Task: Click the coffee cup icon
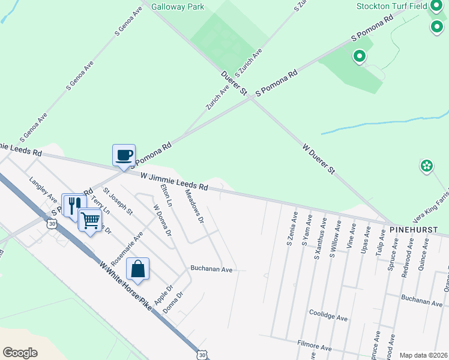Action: tap(124, 155)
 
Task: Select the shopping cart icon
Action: tap(90, 220)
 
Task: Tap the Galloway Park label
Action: tap(178, 7)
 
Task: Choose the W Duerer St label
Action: tap(318, 158)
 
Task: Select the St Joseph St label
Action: tap(118, 200)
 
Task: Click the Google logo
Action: tap(20, 353)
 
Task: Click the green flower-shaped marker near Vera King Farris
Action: tap(427, 166)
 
